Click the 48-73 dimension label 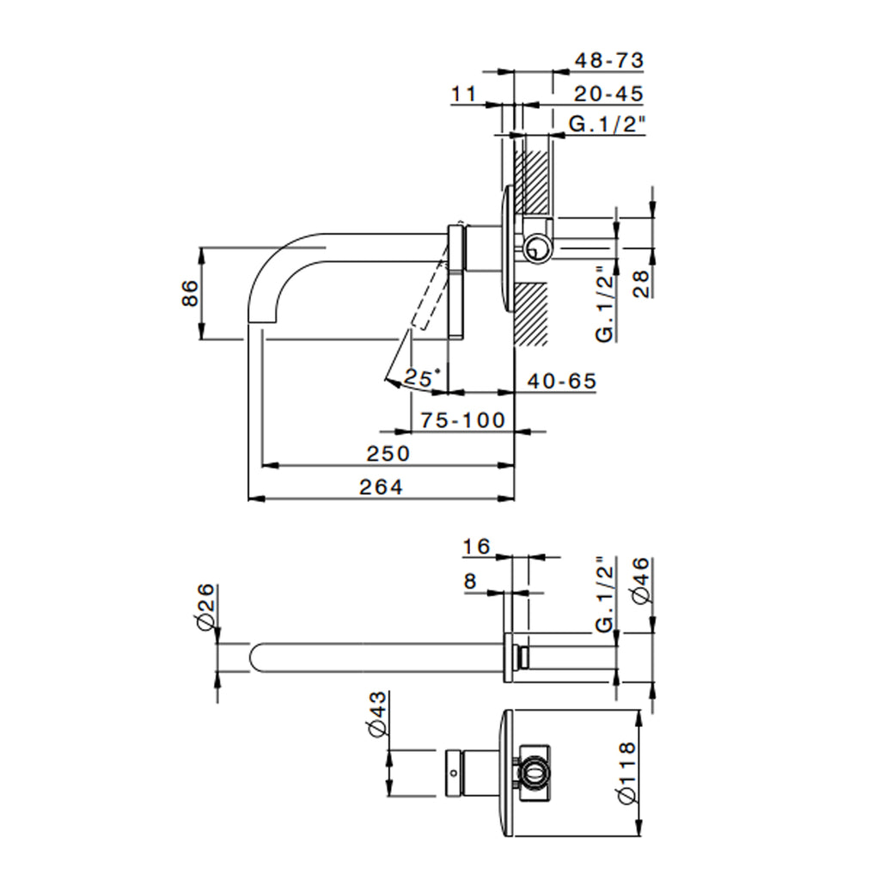pyautogui.click(x=608, y=61)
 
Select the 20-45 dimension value pyautogui.click(x=608, y=94)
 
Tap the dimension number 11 pyautogui.click(x=464, y=94)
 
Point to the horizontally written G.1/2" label pyautogui.click(x=607, y=125)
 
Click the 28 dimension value pyautogui.click(x=641, y=284)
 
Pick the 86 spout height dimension pyautogui.click(x=191, y=293)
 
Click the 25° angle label pyautogui.click(x=423, y=376)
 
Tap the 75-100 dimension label pyautogui.click(x=463, y=420)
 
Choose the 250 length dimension pyautogui.click(x=388, y=453)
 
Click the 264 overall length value pyautogui.click(x=381, y=487)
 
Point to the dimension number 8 pyautogui.click(x=470, y=582)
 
